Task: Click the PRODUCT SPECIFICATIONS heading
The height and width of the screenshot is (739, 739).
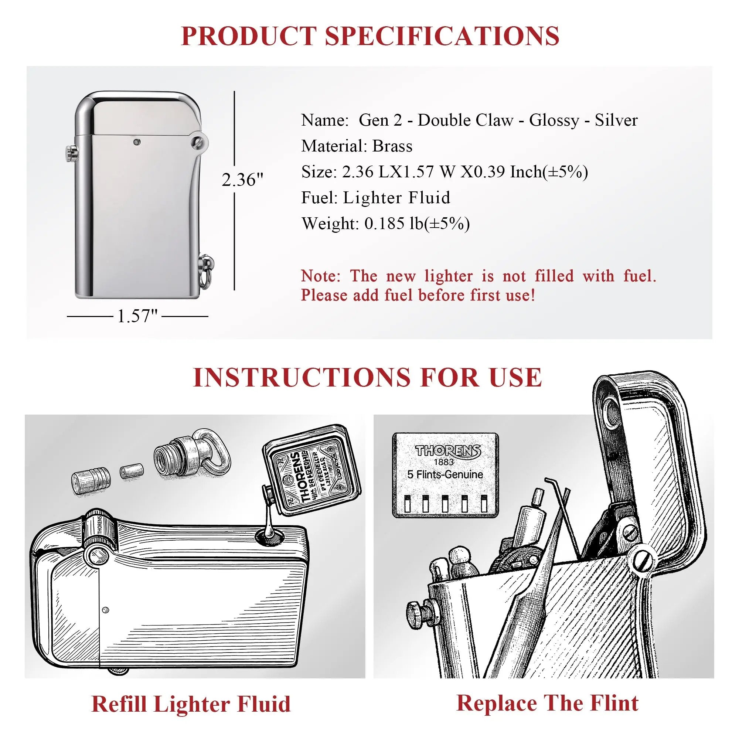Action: click(369, 36)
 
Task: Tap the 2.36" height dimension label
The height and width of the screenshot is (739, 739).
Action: click(242, 180)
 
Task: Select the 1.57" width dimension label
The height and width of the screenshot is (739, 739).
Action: click(137, 316)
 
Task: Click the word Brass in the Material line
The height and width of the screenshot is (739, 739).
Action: click(392, 146)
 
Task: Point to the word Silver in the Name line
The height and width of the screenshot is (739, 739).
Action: click(616, 120)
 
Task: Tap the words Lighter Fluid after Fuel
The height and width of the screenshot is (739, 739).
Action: click(396, 198)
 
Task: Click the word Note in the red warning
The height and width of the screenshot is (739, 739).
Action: click(320, 276)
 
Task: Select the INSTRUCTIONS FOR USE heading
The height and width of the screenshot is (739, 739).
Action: click(367, 378)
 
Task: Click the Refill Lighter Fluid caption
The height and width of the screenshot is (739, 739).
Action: click(191, 704)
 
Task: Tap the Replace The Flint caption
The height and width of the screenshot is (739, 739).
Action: click(547, 703)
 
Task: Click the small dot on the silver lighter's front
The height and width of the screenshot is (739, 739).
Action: click(136, 142)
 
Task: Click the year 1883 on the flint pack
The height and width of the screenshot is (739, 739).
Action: click(444, 462)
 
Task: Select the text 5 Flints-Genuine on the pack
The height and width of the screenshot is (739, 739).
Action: click(445, 475)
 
